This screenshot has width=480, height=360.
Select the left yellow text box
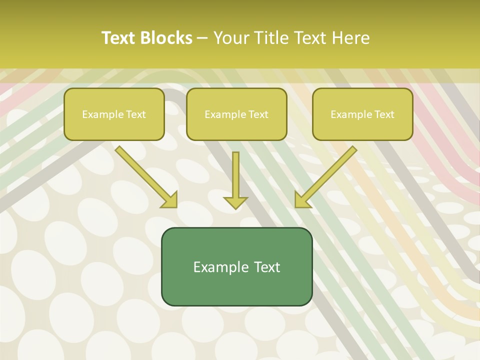114,114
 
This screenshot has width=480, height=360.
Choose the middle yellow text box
236,114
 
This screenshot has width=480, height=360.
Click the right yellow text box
362,114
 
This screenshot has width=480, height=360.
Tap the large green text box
236,266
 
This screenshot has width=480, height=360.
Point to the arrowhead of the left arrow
170,200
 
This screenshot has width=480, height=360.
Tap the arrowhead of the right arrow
302,200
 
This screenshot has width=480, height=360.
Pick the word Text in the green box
266,267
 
